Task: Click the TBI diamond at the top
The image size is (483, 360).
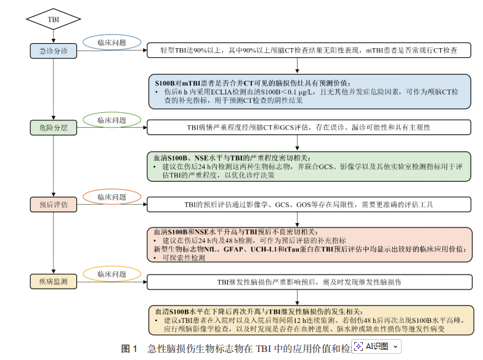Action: point(54,20)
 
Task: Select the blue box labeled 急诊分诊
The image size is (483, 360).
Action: point(54,51)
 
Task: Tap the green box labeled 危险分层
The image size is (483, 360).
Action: point(54,128)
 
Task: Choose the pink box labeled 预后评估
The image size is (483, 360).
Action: point(54,204)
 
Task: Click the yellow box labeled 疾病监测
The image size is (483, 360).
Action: point(54,282)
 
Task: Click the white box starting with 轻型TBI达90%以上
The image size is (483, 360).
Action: point(310,51)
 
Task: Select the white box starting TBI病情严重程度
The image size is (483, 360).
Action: point(310,128)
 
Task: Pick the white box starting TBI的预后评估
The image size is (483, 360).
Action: point(310,204)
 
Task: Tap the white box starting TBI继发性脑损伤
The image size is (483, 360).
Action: point(310,282)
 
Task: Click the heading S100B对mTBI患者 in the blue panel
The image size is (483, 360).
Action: point(252,83)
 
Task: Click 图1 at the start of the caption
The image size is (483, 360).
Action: point(129,348)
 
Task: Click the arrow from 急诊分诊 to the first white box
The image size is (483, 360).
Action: point(112,51)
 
